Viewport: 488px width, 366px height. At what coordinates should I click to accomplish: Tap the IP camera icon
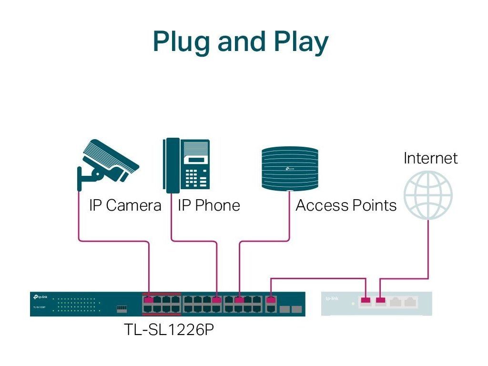click(x=108, y=162)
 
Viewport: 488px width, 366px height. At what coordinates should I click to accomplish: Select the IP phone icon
click(x=186, y=165)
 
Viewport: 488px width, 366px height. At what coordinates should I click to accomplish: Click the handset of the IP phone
click(x=172, y=165)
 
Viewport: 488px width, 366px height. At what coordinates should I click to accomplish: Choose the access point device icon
click(x=289, y=169)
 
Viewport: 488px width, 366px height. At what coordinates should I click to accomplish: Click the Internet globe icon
click(x=427, y=195)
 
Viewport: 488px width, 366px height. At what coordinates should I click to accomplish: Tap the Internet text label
click(x=430, y=158)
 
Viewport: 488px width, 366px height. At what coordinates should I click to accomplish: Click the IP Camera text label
click(x=125, y=206)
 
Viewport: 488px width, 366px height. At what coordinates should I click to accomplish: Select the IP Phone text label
click(x=209, y=206)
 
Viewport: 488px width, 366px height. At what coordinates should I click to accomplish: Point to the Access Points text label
click(x=346, y=206)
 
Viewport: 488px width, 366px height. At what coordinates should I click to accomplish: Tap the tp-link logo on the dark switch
click(x=41, y=297)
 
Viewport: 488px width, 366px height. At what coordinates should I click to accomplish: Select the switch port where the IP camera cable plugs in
click(x=149, y=300)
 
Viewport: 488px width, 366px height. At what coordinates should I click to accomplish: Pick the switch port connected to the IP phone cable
click(x=217, y=300)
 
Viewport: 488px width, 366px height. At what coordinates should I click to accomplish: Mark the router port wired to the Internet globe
click(x=380, y=300)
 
